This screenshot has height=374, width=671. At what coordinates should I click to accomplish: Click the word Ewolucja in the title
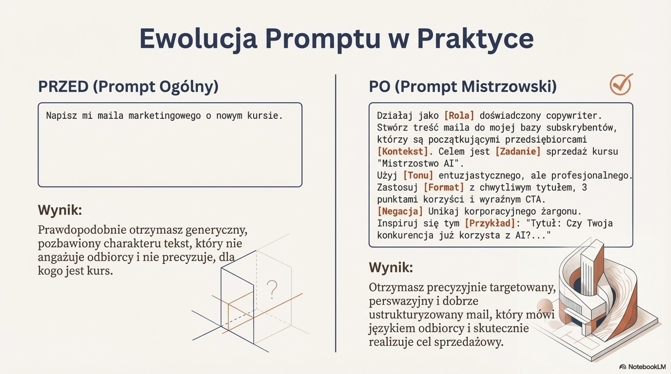(198, 38)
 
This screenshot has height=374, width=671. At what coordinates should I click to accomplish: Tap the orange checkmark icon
(621, 85)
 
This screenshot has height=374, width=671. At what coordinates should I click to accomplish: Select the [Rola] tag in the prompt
(459, 115)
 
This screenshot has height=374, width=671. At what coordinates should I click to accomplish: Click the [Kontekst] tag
(403, 151)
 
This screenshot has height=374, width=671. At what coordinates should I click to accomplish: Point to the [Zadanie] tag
(518, 151)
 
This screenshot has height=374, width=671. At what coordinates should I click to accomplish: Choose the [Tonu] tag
(418, 175)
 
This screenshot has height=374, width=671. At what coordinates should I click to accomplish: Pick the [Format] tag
(444, 187)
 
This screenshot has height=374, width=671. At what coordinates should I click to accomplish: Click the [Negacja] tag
(400, 211)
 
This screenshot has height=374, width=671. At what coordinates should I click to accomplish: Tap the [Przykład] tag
(490, 223)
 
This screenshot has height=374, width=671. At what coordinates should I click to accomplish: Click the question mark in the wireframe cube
(272, 289)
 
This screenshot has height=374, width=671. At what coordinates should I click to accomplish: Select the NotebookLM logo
(643, 367)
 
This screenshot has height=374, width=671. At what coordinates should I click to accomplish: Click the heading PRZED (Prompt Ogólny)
(128, 87)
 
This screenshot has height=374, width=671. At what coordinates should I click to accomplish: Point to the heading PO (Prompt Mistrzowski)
(462, 87)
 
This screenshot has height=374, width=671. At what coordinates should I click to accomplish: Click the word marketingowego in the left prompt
(164, 116)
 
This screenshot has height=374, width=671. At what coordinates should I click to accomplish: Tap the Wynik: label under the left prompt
(60, 210)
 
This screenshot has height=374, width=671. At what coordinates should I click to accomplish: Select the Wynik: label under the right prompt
(391, 267)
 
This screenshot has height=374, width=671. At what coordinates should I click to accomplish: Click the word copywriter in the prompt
(574, 116)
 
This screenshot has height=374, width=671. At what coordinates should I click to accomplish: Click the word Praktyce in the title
(475, 39)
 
